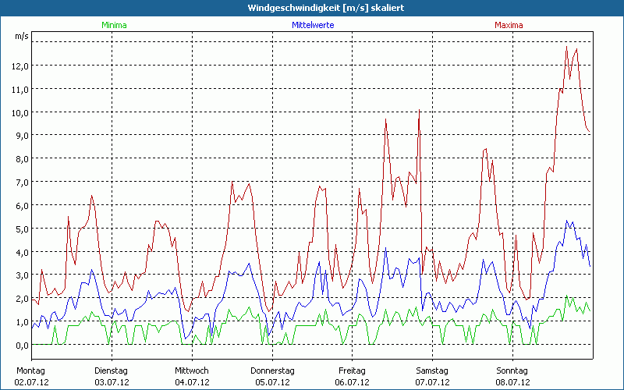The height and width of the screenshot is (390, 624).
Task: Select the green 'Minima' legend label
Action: click(113, 25)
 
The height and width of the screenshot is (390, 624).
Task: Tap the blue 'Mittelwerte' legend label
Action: click(313, 25)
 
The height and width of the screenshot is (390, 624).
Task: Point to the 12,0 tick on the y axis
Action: click(20, 66)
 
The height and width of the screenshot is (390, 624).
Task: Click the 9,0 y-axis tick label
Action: click(20, 136)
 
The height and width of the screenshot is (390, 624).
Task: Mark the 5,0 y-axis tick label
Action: click(20, 229)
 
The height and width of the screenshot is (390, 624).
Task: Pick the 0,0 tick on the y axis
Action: click(20, 346)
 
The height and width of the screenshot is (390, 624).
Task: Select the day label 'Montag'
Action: click(30, 370)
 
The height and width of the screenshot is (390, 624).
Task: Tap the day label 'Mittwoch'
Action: click(192, 370)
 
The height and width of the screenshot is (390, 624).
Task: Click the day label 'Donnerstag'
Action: click(272, 370)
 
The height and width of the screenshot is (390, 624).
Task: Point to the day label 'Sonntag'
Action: click(512, 370)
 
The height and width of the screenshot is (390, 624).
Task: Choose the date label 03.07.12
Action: click(112, 382)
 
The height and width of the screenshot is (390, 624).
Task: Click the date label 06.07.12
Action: click(353, 382)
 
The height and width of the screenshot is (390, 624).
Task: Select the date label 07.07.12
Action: click(432, 382)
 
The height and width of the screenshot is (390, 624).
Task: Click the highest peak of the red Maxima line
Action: click(566, 46)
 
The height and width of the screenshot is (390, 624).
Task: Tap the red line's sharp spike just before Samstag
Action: click(420, 111)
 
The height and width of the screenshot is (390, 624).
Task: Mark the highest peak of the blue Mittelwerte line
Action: click(567, 221)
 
